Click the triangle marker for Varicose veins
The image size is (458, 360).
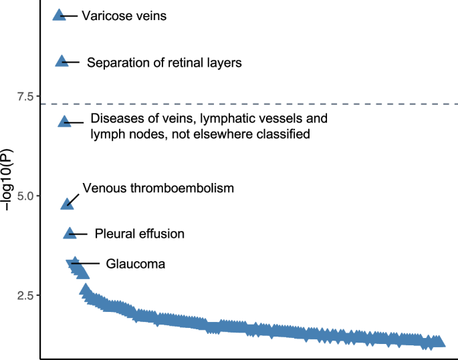click(x=60, y=15)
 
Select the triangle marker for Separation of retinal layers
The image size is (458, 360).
click(x=62, y=61)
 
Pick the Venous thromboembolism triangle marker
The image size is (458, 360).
click(x=67, y=203)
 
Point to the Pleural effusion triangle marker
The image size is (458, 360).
click(x=70, y=233)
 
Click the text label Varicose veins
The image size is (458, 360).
click(x=124, y=15)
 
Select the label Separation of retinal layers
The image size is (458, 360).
click(x=164, y=63)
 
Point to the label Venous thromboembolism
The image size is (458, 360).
click(x=158, y=188)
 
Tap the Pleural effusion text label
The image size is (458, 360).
click(x=139, y=234)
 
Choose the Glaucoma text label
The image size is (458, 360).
click(x=135, y=264)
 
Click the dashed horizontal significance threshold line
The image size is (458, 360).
click(x=267, y=104)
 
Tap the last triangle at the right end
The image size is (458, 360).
click(x=438, y=342)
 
